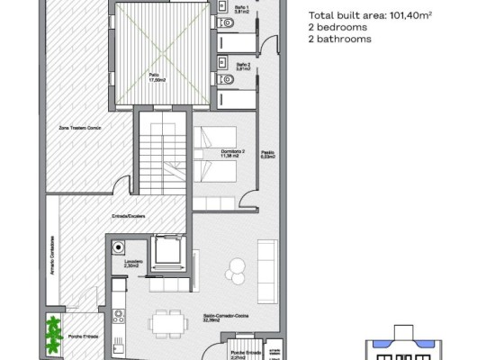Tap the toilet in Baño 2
pos(227,81)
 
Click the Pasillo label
pos(268,154)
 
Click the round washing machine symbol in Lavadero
pos(117,247)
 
